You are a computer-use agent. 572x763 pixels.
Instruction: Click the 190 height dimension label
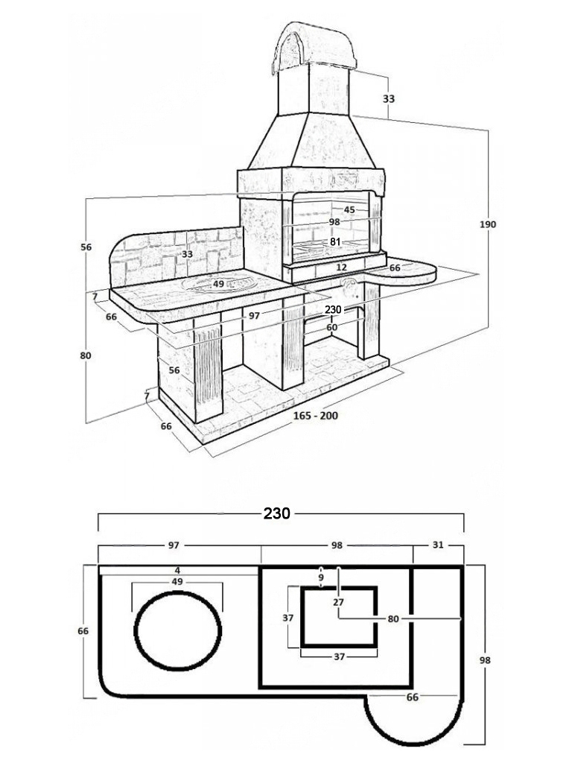pyautogui.click(x=487, y=224)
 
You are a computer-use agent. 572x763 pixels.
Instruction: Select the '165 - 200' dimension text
pyautogui.click(x=315, y=416)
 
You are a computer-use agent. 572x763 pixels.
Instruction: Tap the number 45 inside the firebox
pyautogui.click(x=349, y=209)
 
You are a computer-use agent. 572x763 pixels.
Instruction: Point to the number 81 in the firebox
pyautogui.click(x=335, y=242)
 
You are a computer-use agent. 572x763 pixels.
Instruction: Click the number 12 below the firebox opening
pyautogui.click(x=341, y=267)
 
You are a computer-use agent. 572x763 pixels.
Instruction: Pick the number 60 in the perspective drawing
pyautogui.click(x=331, y=328)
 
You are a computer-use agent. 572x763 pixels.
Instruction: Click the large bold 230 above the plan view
pyautogui.click(x=277, y=513)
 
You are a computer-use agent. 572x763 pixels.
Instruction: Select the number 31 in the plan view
pyautogui.click(x=438, y=545)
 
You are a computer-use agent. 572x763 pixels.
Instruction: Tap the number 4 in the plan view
pyautogui.click(x=178, y=570)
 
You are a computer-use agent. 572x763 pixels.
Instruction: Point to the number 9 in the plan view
pyautogui.click(x=321, y=577)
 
